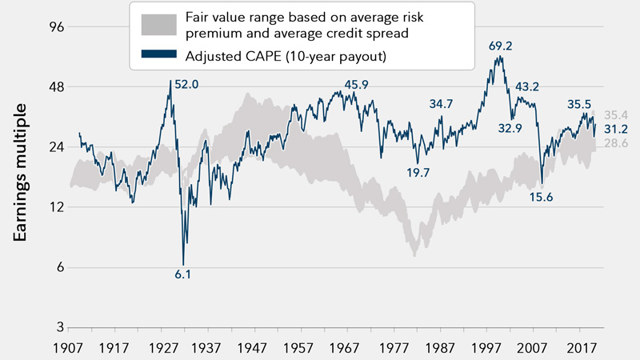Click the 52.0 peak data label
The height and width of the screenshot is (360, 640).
pyautogui.click(x=186, y=84)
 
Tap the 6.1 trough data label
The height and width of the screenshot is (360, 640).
pyautogui.click(x=183, y=274)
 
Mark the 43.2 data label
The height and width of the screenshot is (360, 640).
pyautogui.click(x=527, y=86)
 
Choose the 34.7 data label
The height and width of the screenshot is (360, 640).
pyautogui.click(x=441, y=103)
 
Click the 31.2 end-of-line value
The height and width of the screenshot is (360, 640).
pyautogui.click(x=614, y=128)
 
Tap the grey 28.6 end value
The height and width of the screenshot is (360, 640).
pyautogui.click(x=614, y=142)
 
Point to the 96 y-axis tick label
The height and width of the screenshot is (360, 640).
pyautogui.click(x=51, y=26)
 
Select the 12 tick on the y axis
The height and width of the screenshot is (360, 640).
pyautogui.click(x=51, y=207)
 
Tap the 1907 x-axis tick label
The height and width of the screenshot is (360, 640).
pyautogui.click(x=67, y=350)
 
